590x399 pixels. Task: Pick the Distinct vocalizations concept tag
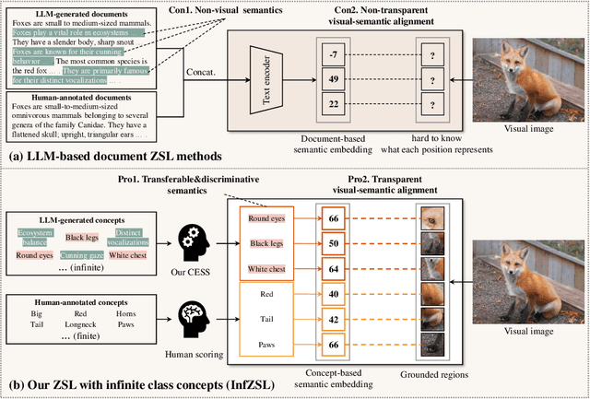(149, 238)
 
